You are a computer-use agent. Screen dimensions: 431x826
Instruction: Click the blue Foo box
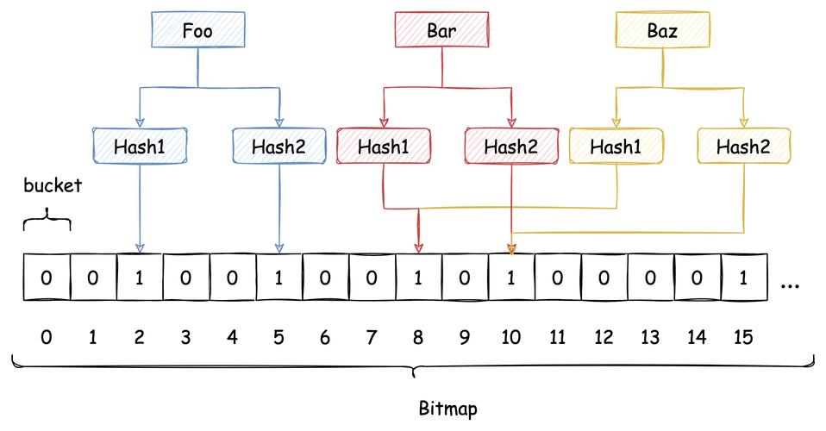point(198,31)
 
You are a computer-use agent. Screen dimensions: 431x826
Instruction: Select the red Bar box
point(442,31)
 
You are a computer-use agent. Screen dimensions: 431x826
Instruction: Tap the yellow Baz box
point(662,31)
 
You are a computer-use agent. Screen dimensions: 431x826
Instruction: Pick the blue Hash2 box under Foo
point(279,146)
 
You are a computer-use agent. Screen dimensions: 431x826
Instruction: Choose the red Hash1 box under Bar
point(383,146)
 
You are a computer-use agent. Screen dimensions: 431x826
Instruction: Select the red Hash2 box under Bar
point(510,146)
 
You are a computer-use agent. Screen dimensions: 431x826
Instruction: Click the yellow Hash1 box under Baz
point(616,146)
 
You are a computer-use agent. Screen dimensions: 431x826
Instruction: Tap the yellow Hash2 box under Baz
point(743,146)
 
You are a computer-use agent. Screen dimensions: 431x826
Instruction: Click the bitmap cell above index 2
point(139,278)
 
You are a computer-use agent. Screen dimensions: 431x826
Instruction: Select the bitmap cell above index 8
point(418,278)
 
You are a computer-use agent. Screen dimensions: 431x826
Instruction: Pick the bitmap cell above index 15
point(743,278)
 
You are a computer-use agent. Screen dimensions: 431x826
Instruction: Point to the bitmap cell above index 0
point(46,278)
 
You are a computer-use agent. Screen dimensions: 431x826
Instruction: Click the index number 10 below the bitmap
point(510,337)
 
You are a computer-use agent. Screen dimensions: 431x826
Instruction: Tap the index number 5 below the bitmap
point(278,337)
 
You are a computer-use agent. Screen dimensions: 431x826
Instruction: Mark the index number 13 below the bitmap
point(650,337)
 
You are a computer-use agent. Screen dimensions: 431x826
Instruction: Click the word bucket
point(52,186)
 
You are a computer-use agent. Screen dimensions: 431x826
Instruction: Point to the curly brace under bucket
point(46,222)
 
